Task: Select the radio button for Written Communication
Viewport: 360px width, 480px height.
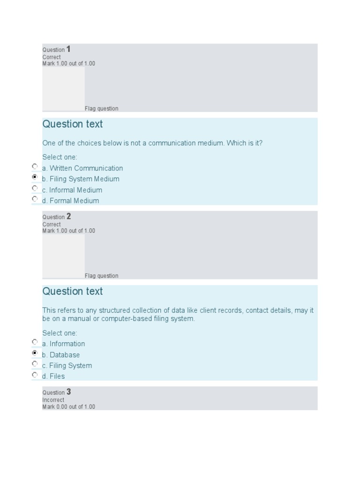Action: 35,166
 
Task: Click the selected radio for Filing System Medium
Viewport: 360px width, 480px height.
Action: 35,177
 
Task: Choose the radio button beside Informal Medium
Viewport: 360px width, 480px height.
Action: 35,188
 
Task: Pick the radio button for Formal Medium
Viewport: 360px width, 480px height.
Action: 35,199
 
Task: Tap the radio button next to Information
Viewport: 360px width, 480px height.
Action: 35,342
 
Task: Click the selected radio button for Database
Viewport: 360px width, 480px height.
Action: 35,353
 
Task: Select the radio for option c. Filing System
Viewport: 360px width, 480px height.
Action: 35,364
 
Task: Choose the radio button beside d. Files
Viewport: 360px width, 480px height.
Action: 35,375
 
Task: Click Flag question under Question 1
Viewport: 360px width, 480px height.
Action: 101,109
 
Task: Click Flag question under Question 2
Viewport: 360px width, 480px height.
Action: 101,276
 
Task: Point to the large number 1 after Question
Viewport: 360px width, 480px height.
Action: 68,49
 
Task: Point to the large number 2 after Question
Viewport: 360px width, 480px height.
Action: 68,217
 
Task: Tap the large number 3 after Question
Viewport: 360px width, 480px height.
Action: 68,392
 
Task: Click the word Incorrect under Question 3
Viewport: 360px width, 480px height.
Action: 53,400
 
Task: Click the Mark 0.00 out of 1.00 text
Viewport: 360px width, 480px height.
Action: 68,407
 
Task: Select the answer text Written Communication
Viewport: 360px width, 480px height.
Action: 86,168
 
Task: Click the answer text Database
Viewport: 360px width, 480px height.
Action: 65,355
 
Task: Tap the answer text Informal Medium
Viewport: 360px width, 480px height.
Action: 75,190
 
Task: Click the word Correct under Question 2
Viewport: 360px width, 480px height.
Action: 52,225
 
